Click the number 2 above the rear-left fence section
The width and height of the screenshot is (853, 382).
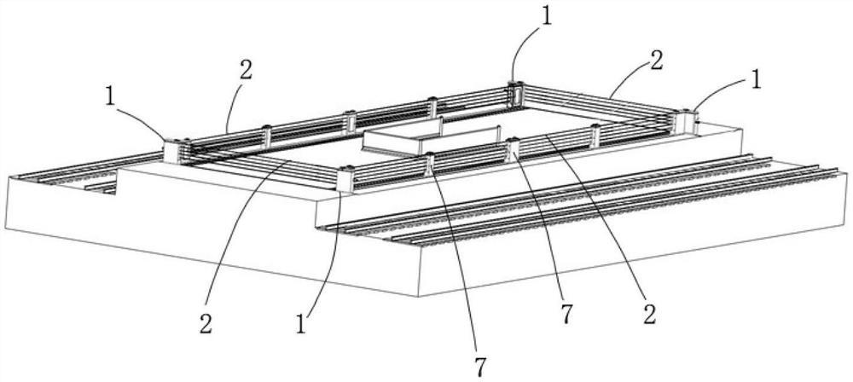tap(245, 71)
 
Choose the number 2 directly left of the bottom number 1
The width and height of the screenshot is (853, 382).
tap(206, 324)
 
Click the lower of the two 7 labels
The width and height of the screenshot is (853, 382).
tap(480, 367)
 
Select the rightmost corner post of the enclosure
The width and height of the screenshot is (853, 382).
tap(688, 122)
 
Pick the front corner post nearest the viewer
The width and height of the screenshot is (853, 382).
tap(346, 178)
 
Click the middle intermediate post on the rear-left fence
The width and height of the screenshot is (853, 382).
tap(349, 123)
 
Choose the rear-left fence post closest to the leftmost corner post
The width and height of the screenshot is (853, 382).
tap(266, 136)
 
